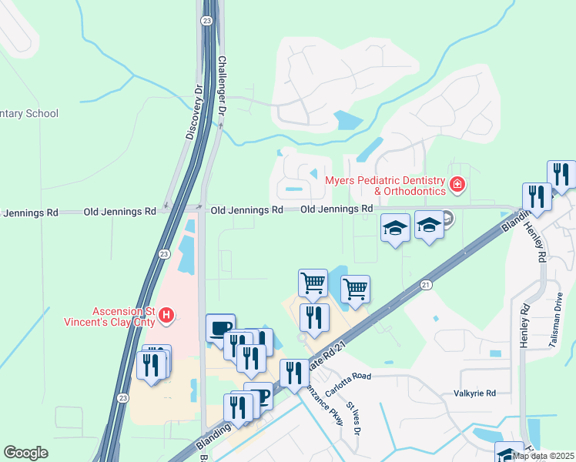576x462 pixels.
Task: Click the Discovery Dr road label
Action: pos(193,112)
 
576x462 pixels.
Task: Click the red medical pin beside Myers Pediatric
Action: pos(457,185)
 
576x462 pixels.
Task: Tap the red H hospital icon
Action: pos(166,314)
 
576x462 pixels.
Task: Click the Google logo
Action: pos(25,453)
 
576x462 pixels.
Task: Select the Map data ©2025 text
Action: pos(544,456)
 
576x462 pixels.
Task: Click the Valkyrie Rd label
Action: pos(474,393)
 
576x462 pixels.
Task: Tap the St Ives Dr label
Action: pos(353,417)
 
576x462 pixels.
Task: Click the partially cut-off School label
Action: pos(28,114)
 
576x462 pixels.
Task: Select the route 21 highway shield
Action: pos(426,285)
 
